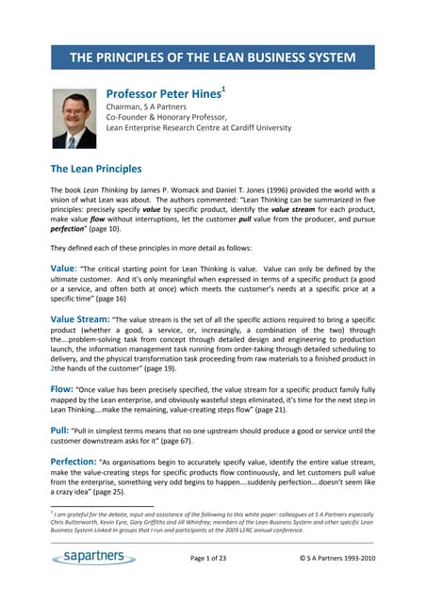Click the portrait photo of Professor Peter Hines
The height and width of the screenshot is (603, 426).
(74, 119)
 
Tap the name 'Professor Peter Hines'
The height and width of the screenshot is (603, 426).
(162, 95)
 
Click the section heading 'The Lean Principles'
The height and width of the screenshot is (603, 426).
(96, 170)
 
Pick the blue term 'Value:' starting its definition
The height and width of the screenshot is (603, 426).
(65, 269)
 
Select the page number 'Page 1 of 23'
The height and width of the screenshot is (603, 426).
(218, 560)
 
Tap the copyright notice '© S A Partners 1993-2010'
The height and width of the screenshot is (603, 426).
(336, 560)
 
